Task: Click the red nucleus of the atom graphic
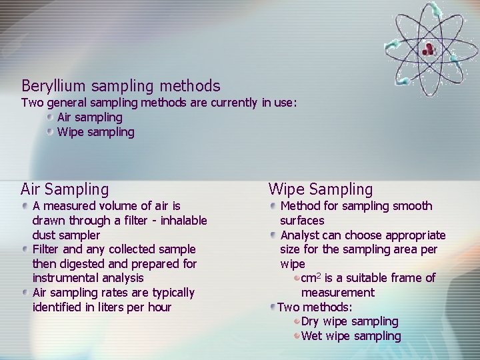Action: click(428, 47)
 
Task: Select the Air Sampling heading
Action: click(65, 189)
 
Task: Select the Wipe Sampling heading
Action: click(321, 189)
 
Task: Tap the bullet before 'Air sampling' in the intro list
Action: click(50, 117)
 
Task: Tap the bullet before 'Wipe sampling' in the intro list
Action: click(50, 131)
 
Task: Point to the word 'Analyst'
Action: click(300, 235)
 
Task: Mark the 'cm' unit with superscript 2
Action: click(310, 278)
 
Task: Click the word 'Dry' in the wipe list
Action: click(311, 321)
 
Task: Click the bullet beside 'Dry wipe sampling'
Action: click(297, 321)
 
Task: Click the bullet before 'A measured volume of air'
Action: click(25, 206)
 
